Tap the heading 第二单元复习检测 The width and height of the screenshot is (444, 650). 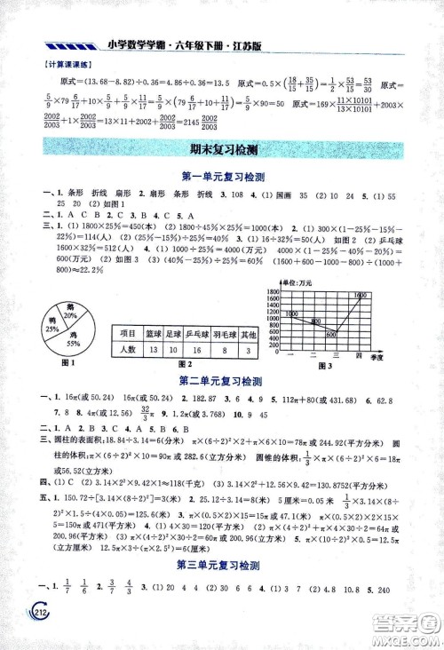[221, 381]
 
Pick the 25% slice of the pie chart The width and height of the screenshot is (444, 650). [50, 326]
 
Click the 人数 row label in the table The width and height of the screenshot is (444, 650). [125, 350]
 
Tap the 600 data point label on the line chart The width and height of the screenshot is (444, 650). [330, 334]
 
